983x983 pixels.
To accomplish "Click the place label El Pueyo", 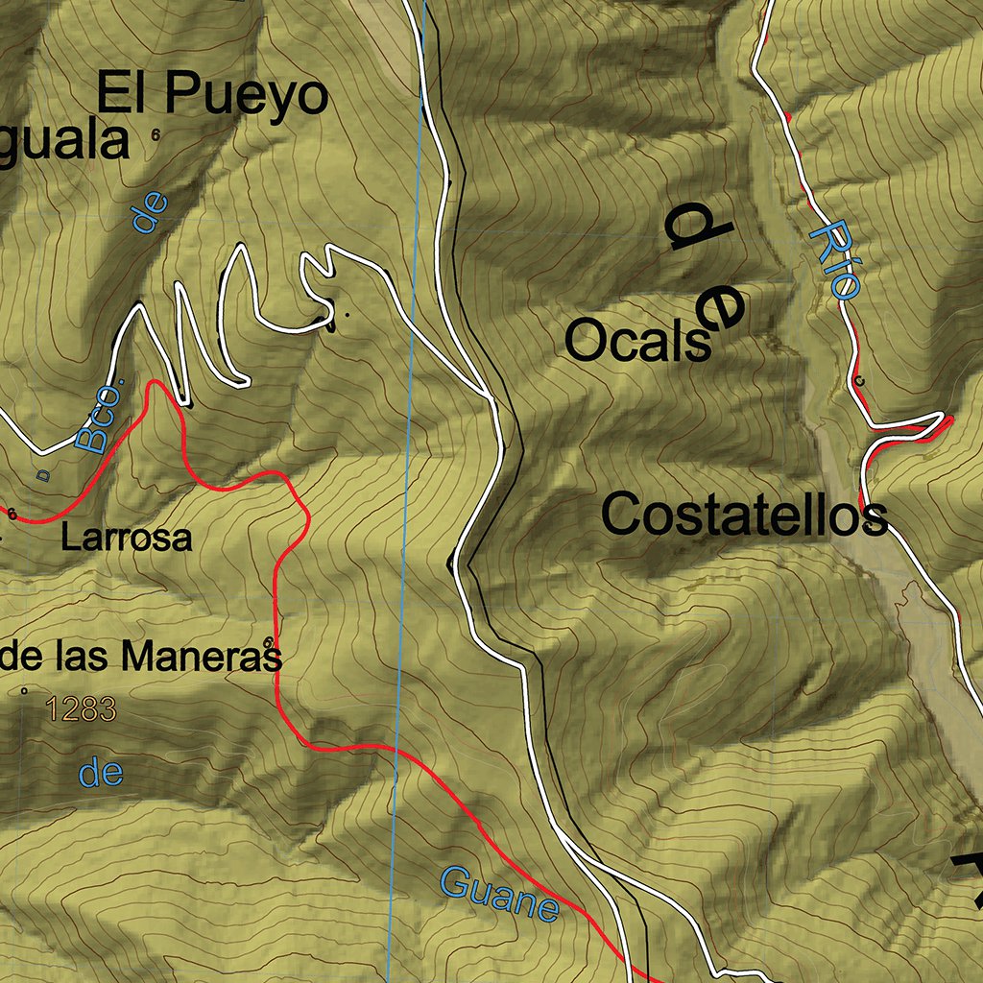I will click(212, 96).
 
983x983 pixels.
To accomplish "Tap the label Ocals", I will click(638, 341).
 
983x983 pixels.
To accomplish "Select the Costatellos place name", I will click(744, 515).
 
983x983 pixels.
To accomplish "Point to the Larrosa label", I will click(126, 538).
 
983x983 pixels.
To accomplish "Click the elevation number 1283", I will click(80, 710).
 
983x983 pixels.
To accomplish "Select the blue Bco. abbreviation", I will click(101, 419).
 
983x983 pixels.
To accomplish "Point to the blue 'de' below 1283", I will click(101, 773).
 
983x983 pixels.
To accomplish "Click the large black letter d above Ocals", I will click(698, 230).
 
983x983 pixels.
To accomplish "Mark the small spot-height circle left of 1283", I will click(23, 689).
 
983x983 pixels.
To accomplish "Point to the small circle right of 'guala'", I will click(156, 135).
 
